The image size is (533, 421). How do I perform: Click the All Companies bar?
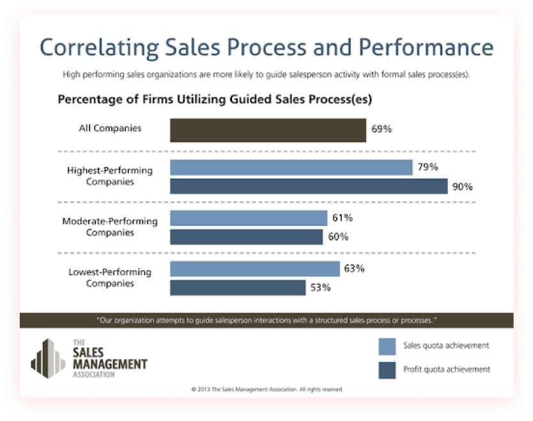[x=268, y=130]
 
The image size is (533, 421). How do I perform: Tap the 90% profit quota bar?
[x=308, y=186]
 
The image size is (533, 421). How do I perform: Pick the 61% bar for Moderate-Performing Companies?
[x=249, y=218]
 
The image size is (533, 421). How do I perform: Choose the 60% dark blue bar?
[x=246, y=237]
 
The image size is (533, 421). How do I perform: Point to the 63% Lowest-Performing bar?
[x=254, y=269]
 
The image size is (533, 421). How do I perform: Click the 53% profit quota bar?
[x=237, y=288]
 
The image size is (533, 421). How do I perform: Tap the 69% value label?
[x=382, y=129]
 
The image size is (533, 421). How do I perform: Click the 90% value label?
[x=462, y=187]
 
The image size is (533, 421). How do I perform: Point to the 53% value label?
[x=320, y=288]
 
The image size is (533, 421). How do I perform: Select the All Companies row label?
[x=110, y=129]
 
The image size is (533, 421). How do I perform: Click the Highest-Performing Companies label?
[x=110, y=176]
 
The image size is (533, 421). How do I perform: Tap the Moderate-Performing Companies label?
[x=110, y=226]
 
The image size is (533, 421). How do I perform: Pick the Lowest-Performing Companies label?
[x=110, y=277]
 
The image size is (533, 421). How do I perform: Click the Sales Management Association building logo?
[x=48, y=357]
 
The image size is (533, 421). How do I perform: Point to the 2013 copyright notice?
[x=267, y=389]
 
